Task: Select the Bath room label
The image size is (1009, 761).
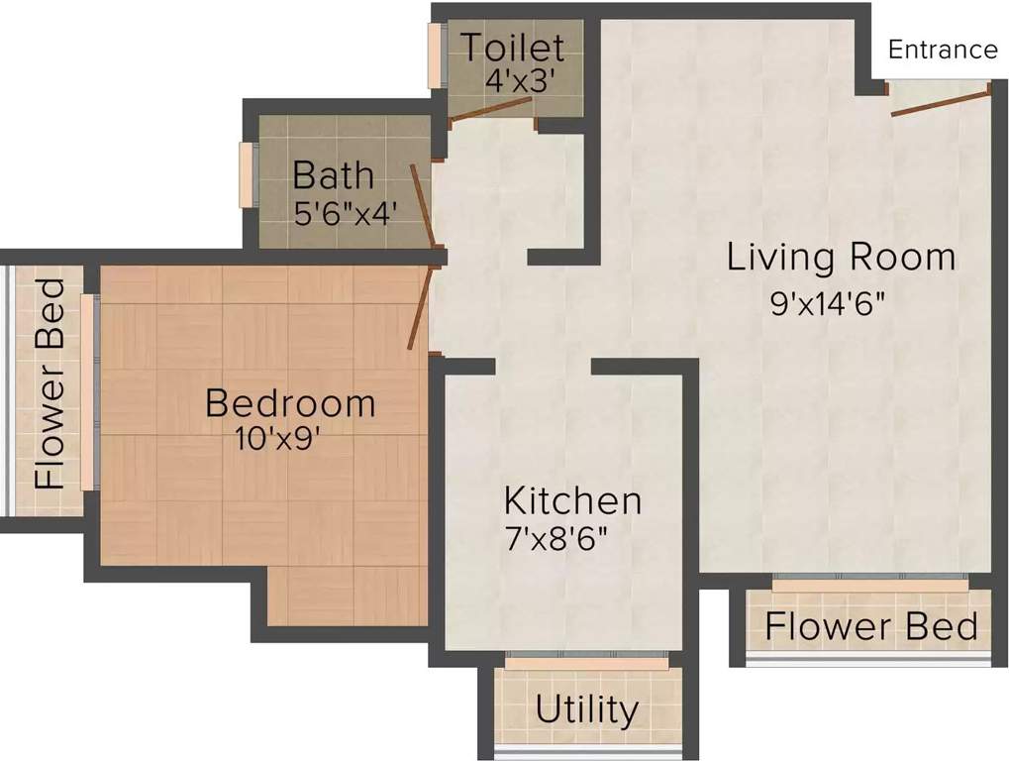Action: click(x=334, y=175)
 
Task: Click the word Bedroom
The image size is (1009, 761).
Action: click(x=290, y=403)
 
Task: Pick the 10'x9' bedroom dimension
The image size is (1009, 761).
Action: click(x=276, y=439)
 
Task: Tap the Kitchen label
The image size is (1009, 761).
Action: click(x=572, y=500)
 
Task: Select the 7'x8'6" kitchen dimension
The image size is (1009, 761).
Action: click(x=557, y=538)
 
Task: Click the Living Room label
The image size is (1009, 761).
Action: click(x=841, y=256)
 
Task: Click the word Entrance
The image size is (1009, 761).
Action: click(x=943, y=50)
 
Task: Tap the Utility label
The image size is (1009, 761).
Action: click(x=587, y=709)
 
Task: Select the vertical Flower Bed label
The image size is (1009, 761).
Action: click(x=50, y=383)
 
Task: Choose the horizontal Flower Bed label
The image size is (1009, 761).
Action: click(x=871, y=626)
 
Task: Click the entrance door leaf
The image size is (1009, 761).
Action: click(x=940, y=104)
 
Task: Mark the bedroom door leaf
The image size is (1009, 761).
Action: click(x=420, y=308)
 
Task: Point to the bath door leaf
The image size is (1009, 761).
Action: click(x=424, y=206)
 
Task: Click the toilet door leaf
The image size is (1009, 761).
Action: click(x=493, y=112)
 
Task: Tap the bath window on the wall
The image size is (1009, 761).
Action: click(x=247, y=174)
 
